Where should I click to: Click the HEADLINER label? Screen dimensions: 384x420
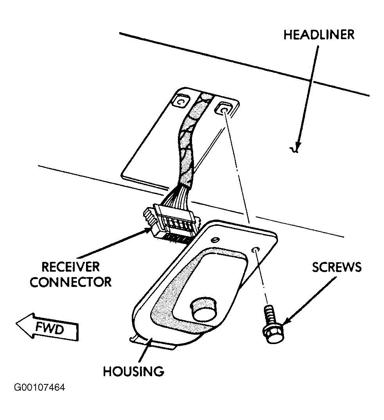pos(319,35)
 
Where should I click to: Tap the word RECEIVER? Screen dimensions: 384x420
pos(71,267)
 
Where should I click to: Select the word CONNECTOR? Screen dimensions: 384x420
pos(71,282)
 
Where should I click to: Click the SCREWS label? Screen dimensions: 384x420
pos(337,267)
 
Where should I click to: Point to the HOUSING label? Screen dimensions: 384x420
pos(133,371)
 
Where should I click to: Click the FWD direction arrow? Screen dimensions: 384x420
pos(47,327)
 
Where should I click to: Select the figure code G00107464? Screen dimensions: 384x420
pos(39,388)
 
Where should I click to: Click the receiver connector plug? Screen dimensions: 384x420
pos(171,223)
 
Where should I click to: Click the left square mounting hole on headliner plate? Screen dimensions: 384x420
pos(181,101)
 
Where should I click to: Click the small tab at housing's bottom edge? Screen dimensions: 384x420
pos(151,344)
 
